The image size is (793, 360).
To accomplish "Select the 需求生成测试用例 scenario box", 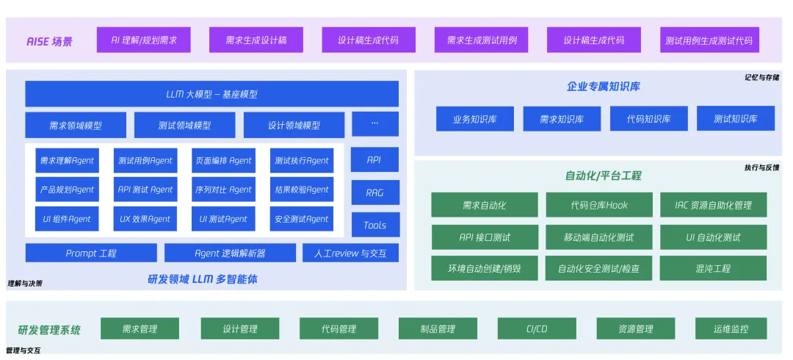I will tap(482, 40).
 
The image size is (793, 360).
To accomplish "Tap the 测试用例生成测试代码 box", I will tap(709, 40).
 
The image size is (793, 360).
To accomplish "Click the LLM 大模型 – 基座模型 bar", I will tap(211, 94).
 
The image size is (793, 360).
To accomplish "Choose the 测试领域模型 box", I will tap(184, 125).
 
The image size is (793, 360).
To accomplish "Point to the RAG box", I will tap(374, 192).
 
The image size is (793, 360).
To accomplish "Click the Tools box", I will tap(374, 225).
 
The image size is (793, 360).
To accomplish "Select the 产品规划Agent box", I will tap(68, 190).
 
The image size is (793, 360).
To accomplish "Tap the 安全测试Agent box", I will tap(301, 219).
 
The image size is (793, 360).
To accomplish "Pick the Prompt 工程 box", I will tap(91, 253).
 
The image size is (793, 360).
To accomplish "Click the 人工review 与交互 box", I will tap(350, 253).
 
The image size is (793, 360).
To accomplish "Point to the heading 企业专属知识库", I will tap(604, 87).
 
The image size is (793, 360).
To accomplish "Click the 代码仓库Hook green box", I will tap(599, 205).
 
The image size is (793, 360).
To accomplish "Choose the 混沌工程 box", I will tap(713, 268).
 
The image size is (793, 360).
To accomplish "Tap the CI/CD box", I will tap(537, 328).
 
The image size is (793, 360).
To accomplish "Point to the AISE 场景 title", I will tap(50, 41).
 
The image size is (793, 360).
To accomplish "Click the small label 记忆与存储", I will tap(761, 77).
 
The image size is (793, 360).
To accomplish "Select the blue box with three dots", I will tap(374, 124).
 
